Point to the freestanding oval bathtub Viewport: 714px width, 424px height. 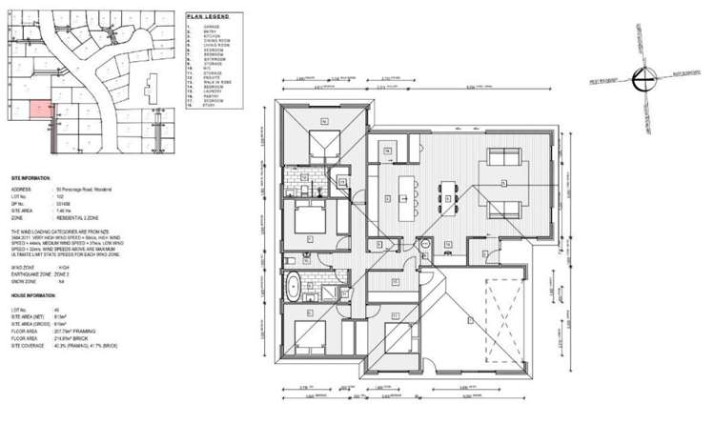[x=296, y=283]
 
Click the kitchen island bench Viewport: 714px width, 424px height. [x=412, y=189]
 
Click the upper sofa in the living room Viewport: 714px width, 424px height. [x=504, y=158]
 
